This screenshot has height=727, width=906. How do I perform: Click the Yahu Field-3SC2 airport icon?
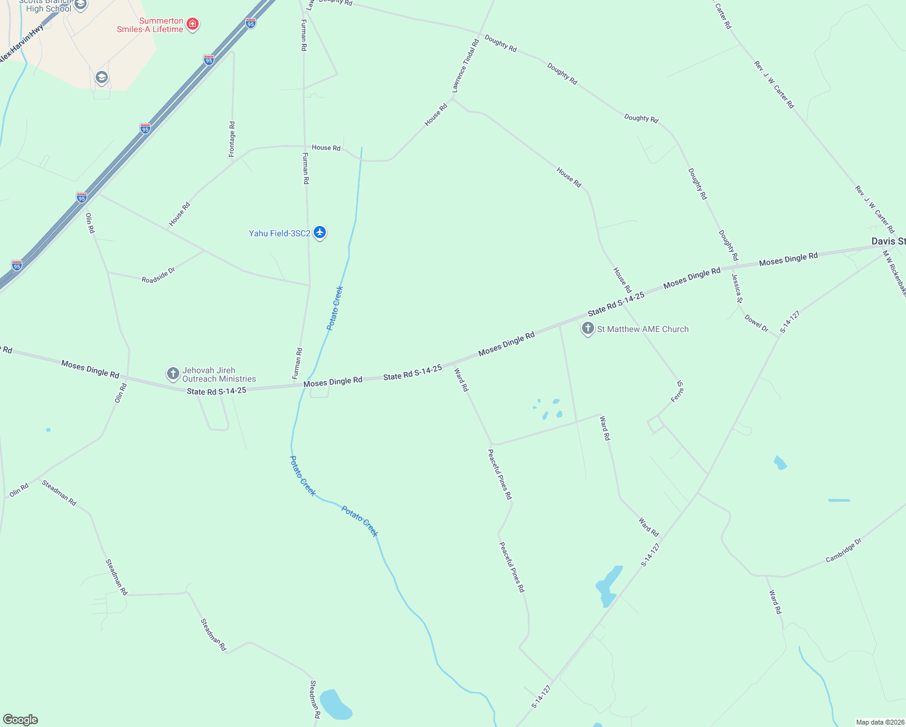pyautogui.click(x=320, y=233)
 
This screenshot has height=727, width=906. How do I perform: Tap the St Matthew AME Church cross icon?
pyautogui.click(x=587, y=329)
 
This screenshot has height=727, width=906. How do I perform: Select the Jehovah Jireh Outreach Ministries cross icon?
pyautogui.click(x=173, y=373)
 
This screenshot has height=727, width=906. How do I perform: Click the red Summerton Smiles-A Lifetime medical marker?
pyautogui.click(x=193, y=24)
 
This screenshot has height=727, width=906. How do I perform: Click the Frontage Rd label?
pyautogui.click(x=232, y=139)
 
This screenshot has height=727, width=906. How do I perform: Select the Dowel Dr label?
pyautogui.click(x=756, y=324)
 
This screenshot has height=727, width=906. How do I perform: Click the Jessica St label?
pyautogui.click(x=736, y=288)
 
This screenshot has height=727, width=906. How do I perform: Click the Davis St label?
pyautogui.click(x=888, y=241)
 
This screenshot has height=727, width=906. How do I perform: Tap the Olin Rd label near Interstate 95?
pyautogui.click(x=90, y=223)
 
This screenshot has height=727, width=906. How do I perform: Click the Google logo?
pyautogui.click(x=21, y=720)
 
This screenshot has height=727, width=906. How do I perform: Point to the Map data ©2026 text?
pyautogui.click(x=879, y=722)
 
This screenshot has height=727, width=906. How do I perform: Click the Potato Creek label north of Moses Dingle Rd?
pyautogui.click(x=335, y=308)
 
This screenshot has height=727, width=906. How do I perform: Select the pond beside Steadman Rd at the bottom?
pyautogui.click(x=334, y=705)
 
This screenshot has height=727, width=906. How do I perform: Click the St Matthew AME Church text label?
pyautogui.click(x=643, y=329)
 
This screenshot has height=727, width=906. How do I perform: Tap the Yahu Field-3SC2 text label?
pyautogui.click(x=279, y=233)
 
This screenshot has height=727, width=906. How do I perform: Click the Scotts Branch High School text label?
pyautogui.click(x=48, y=5)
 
